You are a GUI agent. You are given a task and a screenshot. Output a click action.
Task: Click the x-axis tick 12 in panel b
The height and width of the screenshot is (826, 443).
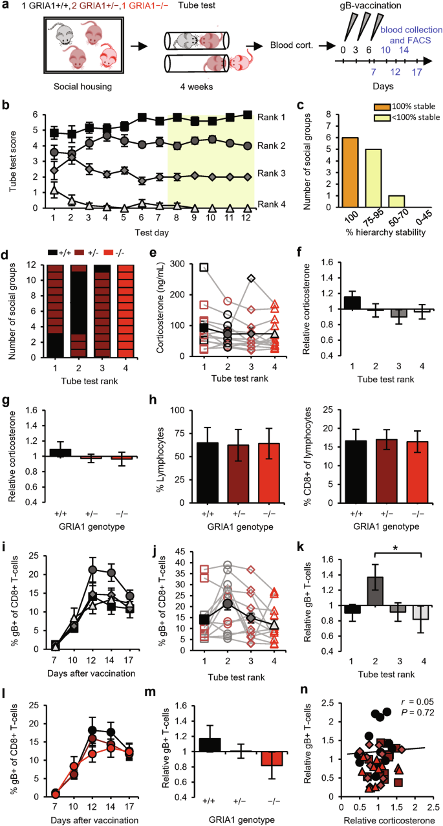click(247, 219)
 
